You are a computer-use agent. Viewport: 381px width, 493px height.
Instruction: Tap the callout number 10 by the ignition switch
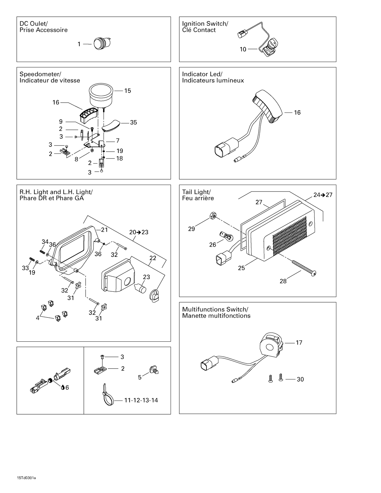point(243,49)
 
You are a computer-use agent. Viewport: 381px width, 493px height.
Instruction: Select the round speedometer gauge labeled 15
point(101,95)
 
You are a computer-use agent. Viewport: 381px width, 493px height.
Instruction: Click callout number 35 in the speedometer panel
point(133,123)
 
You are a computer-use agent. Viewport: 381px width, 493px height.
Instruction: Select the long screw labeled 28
point(304,267)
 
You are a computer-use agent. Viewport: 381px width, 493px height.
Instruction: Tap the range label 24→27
point(323,195)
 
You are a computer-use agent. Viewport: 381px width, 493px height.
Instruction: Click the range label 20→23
point(139,232)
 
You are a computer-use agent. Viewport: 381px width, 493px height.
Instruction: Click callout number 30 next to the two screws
point(300,379)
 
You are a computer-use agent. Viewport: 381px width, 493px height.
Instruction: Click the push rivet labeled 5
point(154,370)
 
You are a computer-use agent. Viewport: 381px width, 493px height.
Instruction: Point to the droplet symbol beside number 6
point(62,387)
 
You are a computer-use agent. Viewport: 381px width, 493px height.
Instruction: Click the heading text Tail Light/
point(196,192)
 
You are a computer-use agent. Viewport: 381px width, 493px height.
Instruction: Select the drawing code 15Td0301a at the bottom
point(26,478)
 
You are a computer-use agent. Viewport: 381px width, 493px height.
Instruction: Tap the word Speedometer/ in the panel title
point(40,74)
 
